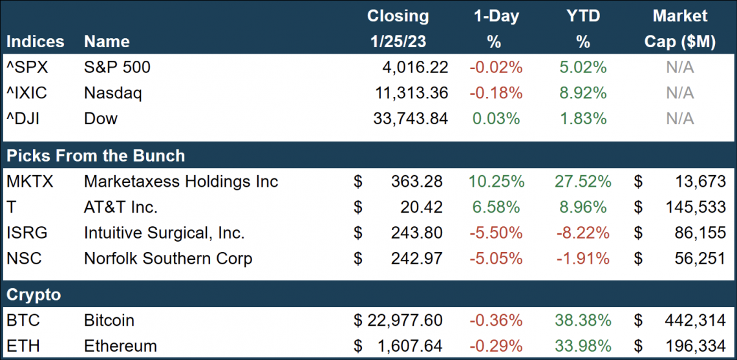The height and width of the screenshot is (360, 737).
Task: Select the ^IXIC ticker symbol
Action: [x=27, y=93]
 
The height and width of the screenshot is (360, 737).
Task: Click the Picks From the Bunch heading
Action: [x=96, y=156]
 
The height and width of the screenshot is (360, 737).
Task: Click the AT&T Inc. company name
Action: [x=121, y=207]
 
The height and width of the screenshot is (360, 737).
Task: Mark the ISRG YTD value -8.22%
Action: [x=583, y=233]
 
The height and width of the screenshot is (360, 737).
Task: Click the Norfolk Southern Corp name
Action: [x=168, y=259]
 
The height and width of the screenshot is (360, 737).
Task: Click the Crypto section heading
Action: [x=34, y=295]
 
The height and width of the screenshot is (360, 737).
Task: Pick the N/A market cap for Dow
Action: [x=680, y=119]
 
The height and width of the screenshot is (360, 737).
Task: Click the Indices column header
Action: [x=36, y=42]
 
